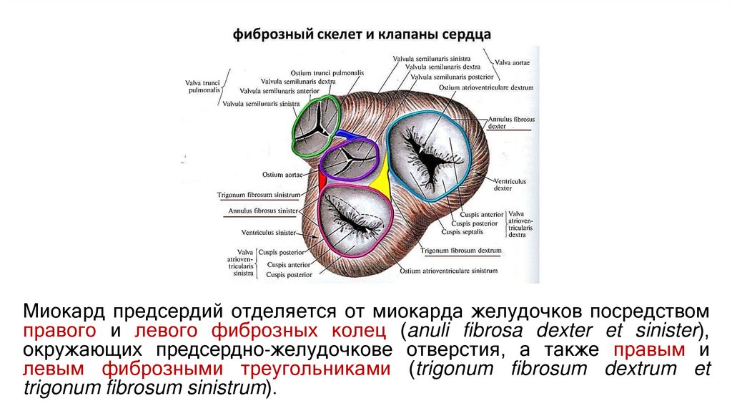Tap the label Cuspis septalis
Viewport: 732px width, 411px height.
pos(462,232)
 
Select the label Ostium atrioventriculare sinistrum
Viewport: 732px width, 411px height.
pos(448,271)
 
